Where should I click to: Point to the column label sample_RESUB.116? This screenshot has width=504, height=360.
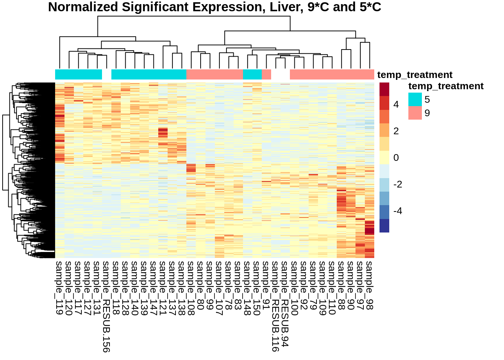[276, 306]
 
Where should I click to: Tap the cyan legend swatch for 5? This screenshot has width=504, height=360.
[415, 99]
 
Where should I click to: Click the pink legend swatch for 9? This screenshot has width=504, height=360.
[415, 113]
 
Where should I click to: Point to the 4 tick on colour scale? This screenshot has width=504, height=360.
[396, 105]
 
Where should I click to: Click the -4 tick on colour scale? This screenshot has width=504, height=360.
[397, 211]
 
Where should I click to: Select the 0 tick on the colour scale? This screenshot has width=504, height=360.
[396, 158]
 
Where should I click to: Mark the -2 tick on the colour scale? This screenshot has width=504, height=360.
[397, 184]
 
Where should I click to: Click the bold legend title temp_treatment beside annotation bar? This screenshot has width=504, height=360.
[415, 75]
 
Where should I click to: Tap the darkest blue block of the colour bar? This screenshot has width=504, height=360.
[384, 226]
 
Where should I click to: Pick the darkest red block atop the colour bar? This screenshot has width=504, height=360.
[384, 89]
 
